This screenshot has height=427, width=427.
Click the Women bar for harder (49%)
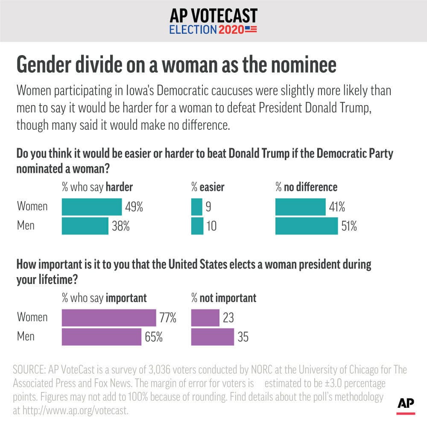pos(92,207)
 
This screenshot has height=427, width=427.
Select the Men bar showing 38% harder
pos(85,226)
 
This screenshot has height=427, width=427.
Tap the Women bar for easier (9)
pos(197,207)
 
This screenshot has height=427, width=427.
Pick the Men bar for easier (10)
pos(197,226)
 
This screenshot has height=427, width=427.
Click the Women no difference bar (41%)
pos(301,207)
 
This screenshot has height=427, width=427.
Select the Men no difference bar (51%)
pos(307,226)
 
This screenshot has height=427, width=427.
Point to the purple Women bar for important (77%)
pos(109,318)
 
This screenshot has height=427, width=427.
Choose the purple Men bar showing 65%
pos(102,336)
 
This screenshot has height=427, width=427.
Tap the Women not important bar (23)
pos(205,318)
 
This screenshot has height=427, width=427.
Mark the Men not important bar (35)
pos(213,336)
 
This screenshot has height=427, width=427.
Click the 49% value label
pos(134,208)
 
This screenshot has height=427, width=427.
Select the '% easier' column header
pos(208,187)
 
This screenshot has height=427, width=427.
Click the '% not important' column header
pos(224,298)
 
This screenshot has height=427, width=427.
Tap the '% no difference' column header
pos(306,187)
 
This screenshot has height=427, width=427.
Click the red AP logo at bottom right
pos(406,406)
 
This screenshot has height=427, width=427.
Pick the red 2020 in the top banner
pos(231,29)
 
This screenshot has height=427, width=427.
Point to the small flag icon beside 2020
pos(251,29)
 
